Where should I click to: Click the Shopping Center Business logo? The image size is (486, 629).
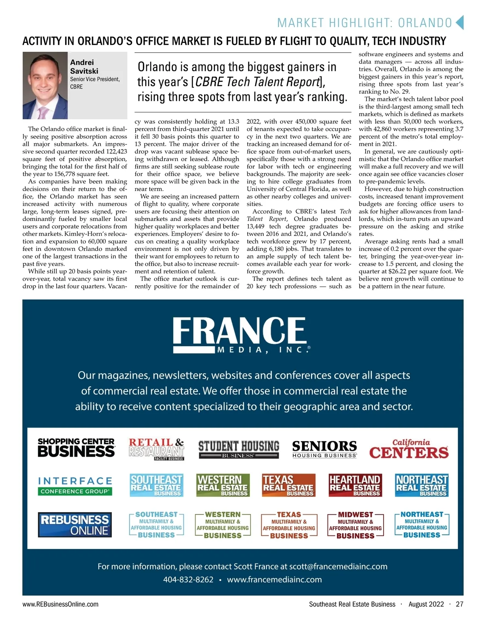coord(76,448)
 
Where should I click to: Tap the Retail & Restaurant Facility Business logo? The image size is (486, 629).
coord(156,449)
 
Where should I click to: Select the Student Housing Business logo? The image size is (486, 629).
coord(239,449)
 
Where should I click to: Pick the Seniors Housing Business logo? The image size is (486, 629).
coord(324,449)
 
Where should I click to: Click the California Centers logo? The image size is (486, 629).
coord(409,449)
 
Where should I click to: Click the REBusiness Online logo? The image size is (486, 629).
coord(75,525)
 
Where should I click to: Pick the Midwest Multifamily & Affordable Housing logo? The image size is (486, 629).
coord(355,525)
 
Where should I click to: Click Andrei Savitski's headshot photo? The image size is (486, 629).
coord(45,85)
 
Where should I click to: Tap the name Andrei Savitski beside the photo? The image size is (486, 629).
coord(84,67)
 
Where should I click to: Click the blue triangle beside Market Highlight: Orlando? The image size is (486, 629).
coord(459,23)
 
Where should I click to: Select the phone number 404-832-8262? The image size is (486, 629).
coord(188,580)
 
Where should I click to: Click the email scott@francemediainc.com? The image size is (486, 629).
coord(338,566)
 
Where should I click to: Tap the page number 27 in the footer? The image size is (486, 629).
coord(459,604)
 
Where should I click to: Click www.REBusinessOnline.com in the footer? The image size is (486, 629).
coord(60,604)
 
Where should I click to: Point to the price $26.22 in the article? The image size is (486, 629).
coord(399,271)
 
